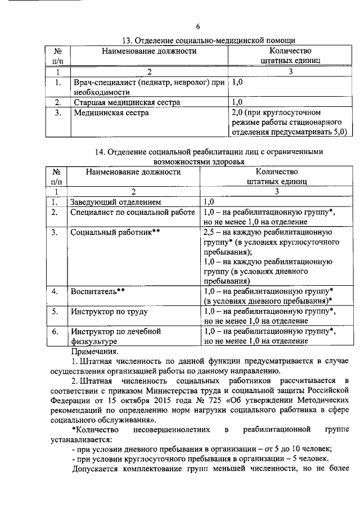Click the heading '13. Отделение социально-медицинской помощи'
click(209, 40)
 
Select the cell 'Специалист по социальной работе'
click(133, 213)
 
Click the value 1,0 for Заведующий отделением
click(209, 202)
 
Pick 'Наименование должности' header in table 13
click(149, 51)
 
